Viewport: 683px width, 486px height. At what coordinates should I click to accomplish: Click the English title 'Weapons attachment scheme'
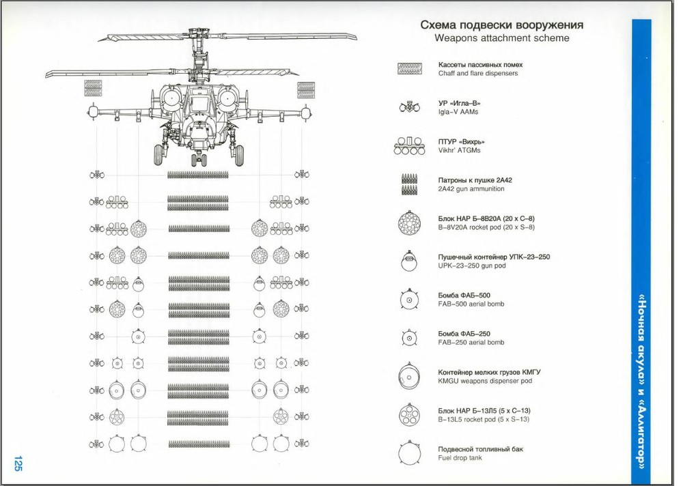[x=501, y=38]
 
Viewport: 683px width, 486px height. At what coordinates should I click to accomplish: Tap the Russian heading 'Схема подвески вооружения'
[x=501, y=25]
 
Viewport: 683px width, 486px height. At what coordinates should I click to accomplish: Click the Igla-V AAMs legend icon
[x=410, y=107]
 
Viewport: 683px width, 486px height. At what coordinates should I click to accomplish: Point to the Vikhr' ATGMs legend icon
[x=410, y=145]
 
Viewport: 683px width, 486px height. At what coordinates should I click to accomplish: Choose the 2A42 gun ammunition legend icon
[x=410, y=184]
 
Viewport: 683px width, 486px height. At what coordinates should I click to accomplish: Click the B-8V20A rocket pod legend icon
[x=410, y=223]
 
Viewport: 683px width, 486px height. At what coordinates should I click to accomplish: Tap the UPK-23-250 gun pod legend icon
[x=410, y=261]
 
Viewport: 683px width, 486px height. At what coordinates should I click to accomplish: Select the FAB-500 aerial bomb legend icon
[x=410, y=300]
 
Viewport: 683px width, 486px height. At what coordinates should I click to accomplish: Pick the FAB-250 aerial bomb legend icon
[x=410, y=338]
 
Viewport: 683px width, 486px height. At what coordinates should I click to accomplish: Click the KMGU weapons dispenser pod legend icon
[x=410, y=376]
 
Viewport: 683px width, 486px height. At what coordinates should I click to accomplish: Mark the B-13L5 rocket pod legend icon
[x=410, y=415]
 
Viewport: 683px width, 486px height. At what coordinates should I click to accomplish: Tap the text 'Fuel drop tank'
[x=461, y=458]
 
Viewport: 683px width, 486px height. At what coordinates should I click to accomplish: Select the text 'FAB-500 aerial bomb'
[x=471, y=304]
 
